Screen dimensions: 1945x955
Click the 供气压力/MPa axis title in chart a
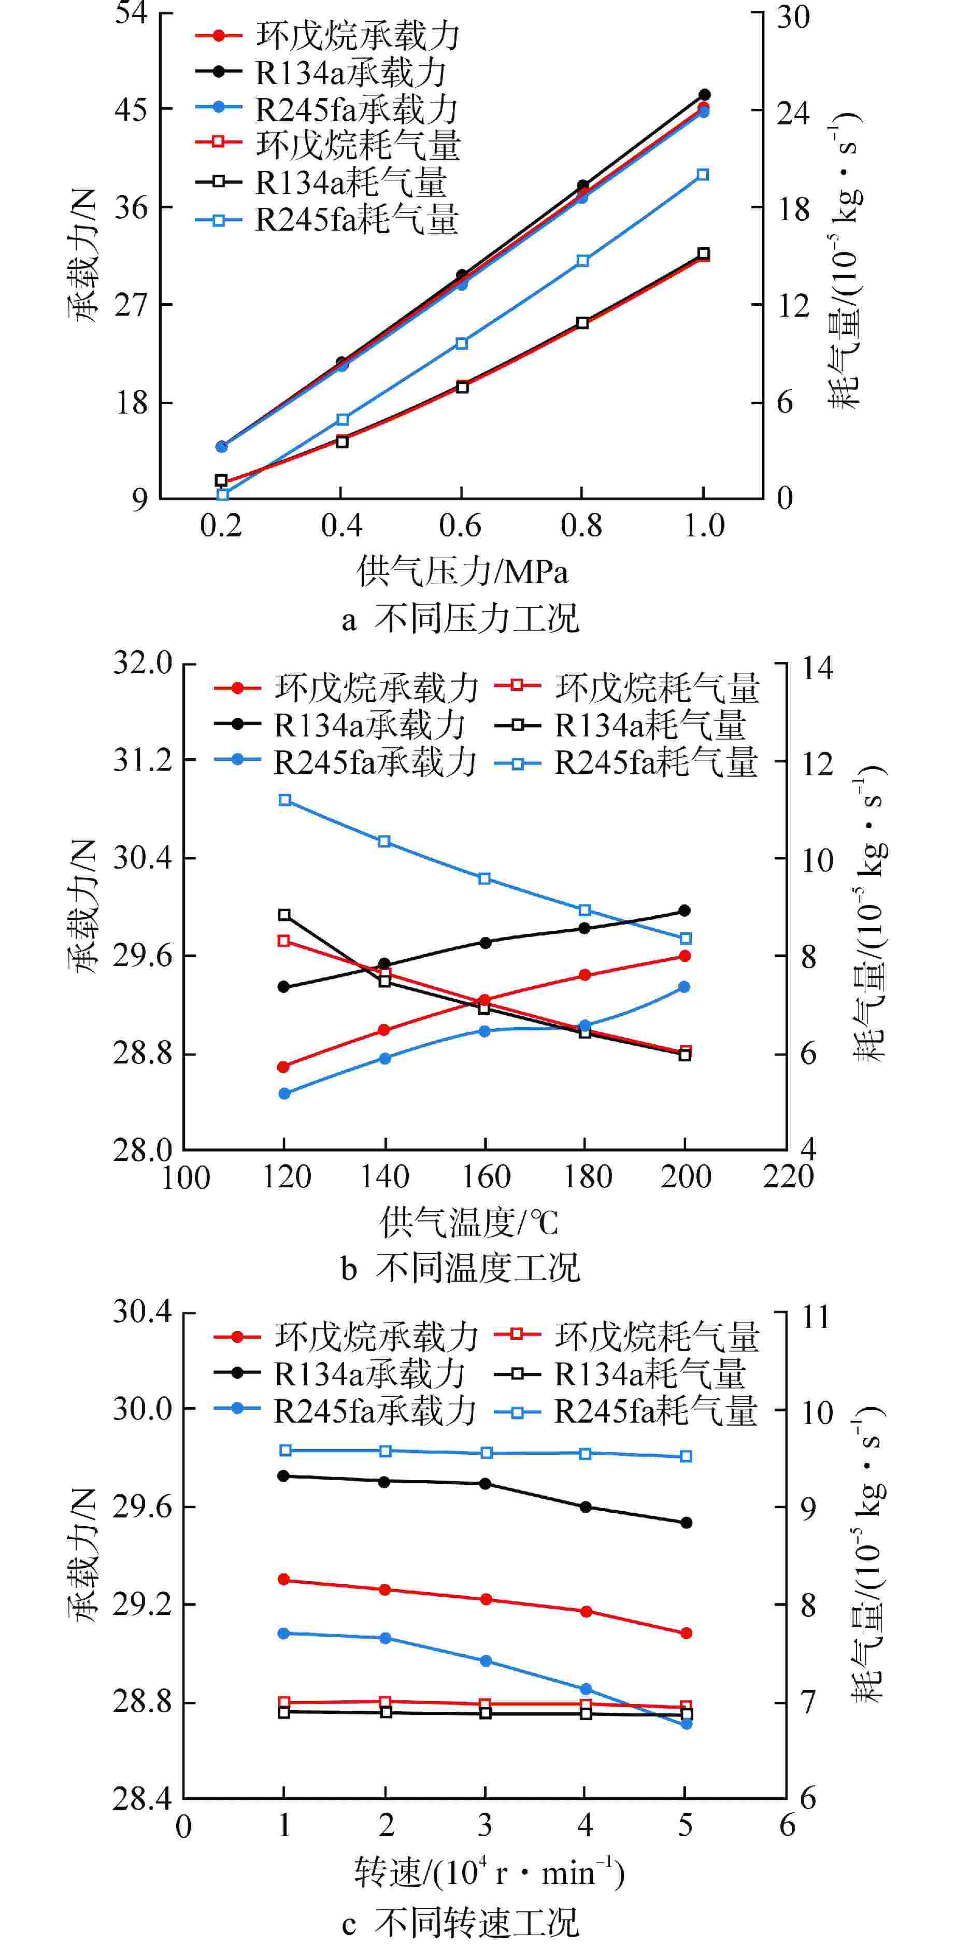click(x=462, y=572)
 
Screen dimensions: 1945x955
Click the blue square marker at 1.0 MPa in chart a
click(x=703, y=175)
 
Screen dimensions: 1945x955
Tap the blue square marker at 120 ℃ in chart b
click(x=284, y=800)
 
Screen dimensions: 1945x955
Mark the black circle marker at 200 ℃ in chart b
click(x=685, y=911)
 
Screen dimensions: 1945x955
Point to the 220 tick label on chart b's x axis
click(x=788, y=1177)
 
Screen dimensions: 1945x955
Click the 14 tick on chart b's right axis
click(x=817, y=668)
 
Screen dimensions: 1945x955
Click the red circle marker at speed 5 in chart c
click(x=686, y=1633)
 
